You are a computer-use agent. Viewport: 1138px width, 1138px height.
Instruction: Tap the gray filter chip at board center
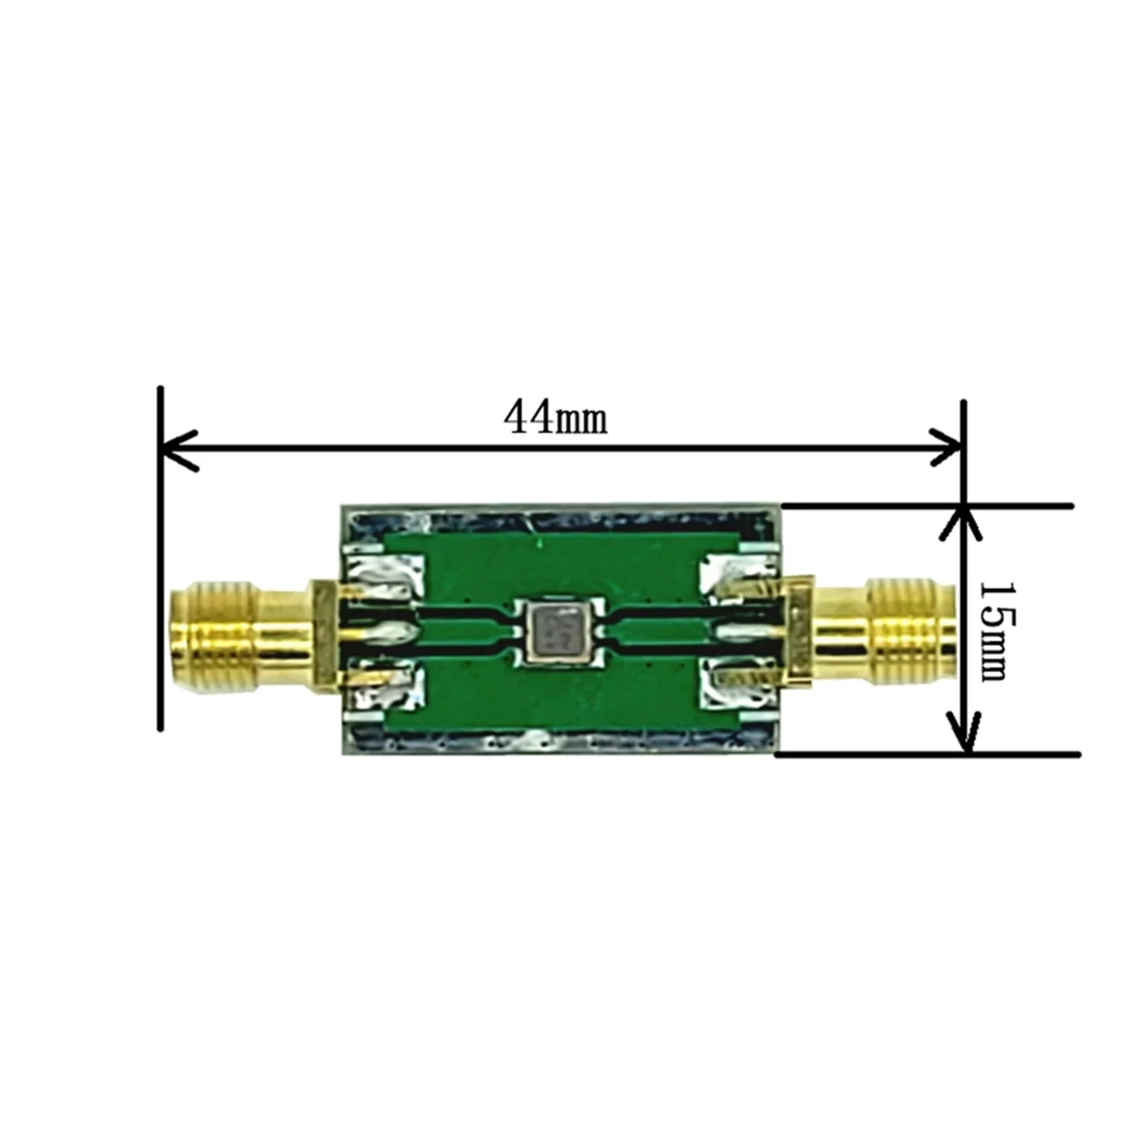555,627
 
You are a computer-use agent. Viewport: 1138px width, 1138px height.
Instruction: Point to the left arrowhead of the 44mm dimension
175,444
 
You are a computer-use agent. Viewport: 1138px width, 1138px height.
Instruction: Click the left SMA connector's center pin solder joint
389,630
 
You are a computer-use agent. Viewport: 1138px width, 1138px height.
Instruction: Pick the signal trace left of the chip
465,627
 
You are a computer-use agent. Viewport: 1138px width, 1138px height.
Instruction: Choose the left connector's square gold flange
325,627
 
